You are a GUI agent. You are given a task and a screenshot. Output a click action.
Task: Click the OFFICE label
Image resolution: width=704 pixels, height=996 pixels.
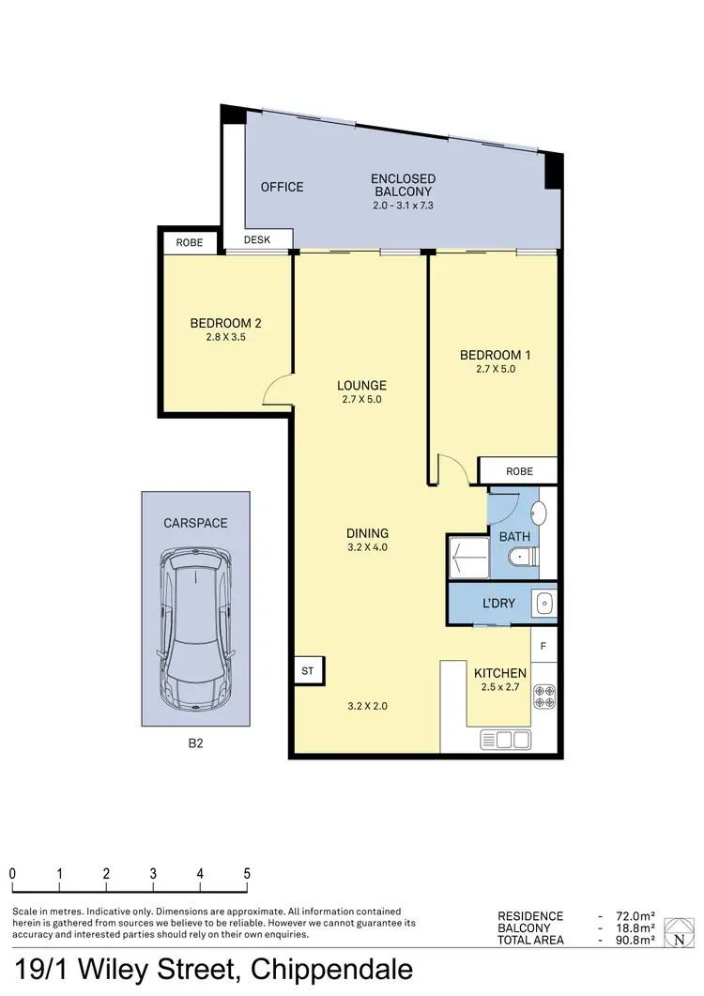tap(282, 187)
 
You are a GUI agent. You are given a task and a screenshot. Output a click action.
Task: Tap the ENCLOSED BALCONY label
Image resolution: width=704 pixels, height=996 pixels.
tap(403, 185)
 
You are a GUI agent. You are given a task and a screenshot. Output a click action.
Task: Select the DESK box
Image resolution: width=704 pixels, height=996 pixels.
tap(257, 240)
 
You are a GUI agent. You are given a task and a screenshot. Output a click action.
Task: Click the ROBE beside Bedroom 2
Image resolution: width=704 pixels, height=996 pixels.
tap(189, 242)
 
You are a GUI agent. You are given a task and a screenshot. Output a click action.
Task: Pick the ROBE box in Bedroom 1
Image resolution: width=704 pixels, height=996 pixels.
tap(518, 471)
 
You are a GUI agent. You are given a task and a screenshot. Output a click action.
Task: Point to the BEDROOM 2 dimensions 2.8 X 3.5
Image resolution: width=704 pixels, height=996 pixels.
tap(225, 337)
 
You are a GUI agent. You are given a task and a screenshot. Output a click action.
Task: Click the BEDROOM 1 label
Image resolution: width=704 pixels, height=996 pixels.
tap(495, 355)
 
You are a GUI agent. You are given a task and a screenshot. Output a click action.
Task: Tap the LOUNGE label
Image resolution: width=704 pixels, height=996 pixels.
tap(362, 385)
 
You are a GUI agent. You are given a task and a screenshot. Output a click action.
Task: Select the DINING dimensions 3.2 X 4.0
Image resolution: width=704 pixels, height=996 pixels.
tap(366, 547)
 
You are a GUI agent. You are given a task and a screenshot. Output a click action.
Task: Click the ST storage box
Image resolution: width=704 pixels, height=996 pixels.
tap(307, 671)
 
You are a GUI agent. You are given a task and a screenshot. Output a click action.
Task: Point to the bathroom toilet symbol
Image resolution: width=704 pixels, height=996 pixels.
tap(521, 559)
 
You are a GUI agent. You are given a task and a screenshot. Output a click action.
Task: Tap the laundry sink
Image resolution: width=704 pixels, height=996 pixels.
tap(543, 601)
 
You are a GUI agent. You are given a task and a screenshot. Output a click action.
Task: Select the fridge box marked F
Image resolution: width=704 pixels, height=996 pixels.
tap(544, 647)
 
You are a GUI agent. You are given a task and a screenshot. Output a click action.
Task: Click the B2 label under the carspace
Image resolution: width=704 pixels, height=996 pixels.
tap(195, 743)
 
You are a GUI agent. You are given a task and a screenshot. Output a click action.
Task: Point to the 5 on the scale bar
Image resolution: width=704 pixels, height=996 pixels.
tap(246, 873)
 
